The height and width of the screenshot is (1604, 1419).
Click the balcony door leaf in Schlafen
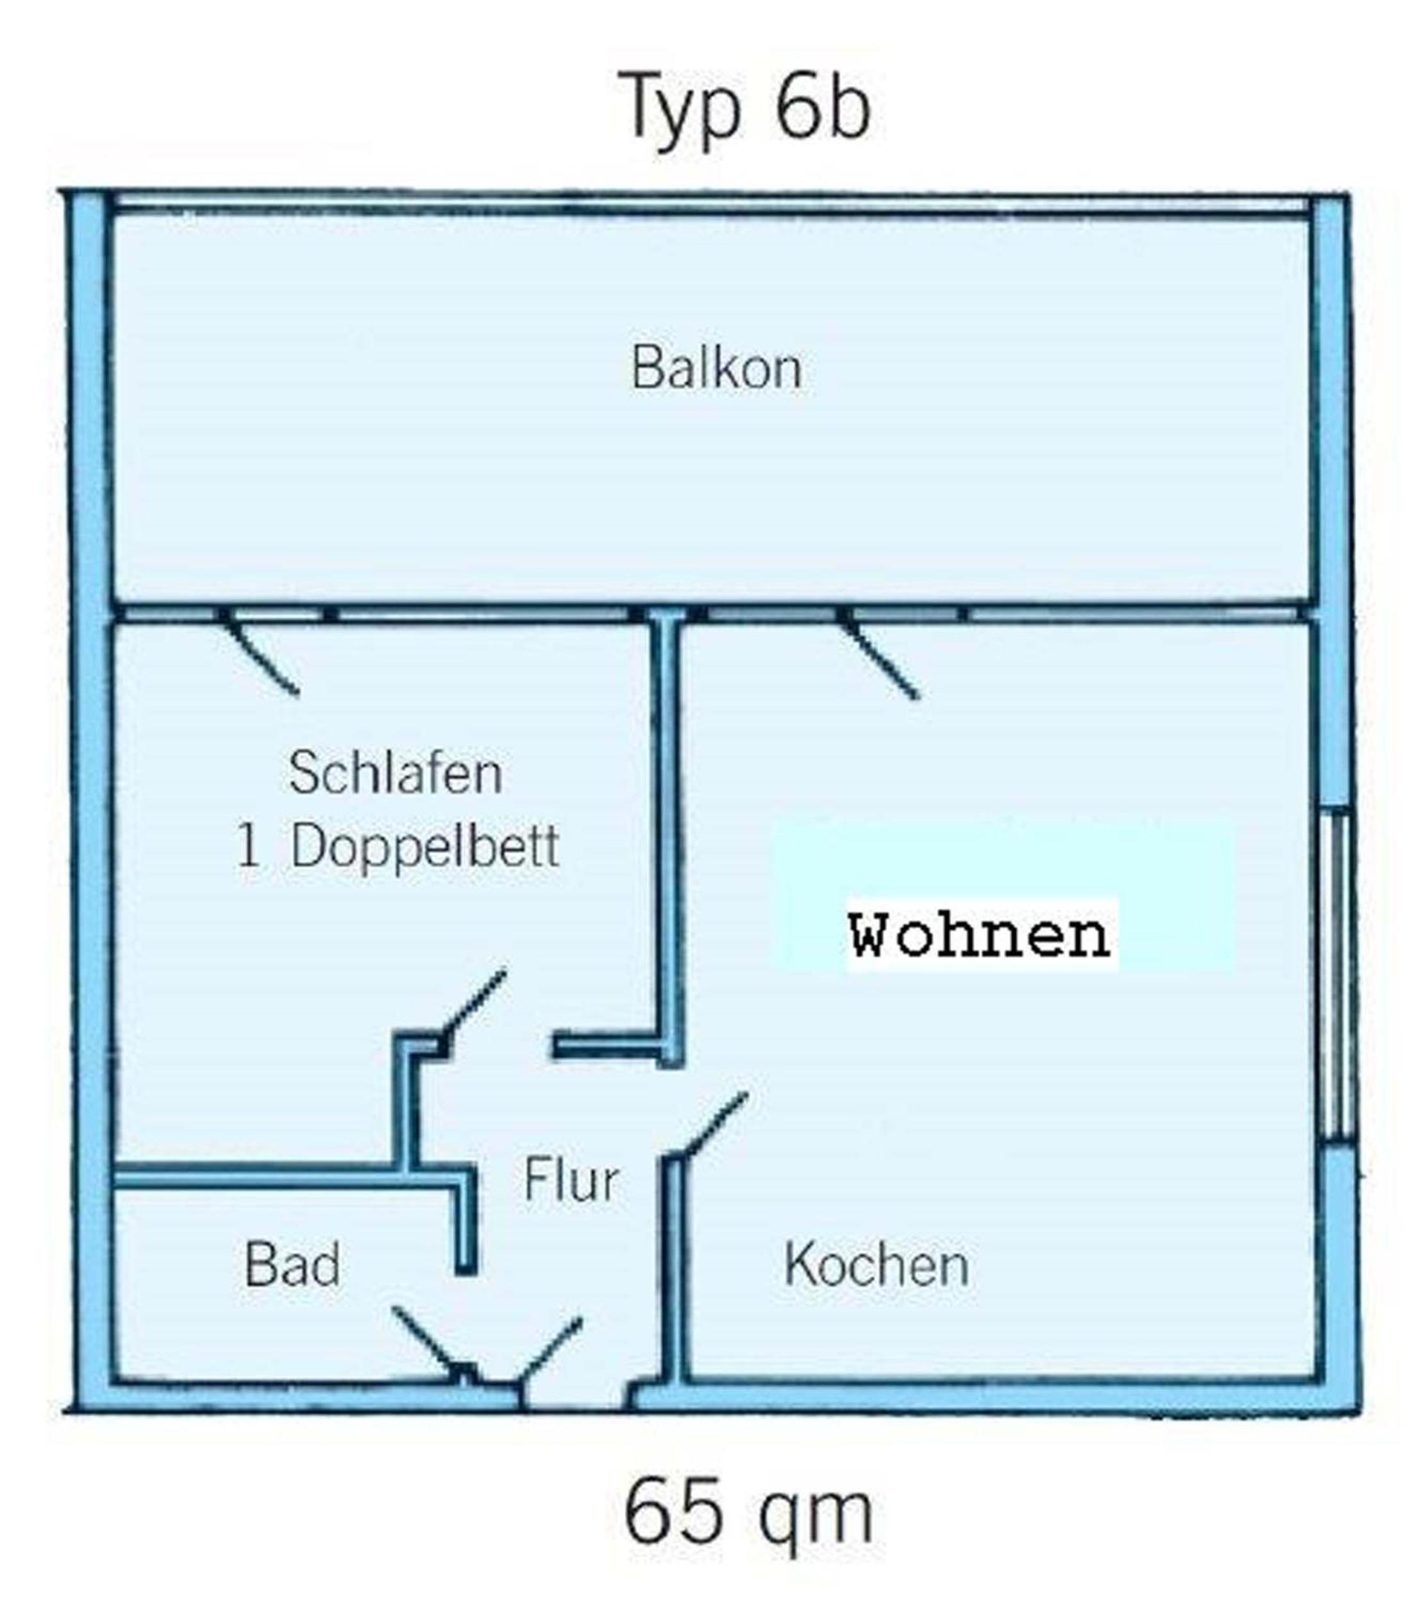tap(260, 654)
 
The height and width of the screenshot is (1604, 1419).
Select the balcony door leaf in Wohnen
tap(880, 658)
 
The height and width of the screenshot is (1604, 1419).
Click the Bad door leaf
tap(425, 1344)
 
